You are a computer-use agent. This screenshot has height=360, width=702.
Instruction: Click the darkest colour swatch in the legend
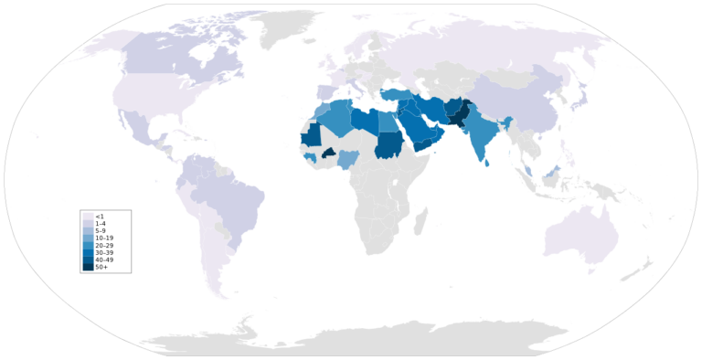point(88,266)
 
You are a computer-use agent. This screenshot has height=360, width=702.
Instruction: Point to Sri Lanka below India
point(488,163)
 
